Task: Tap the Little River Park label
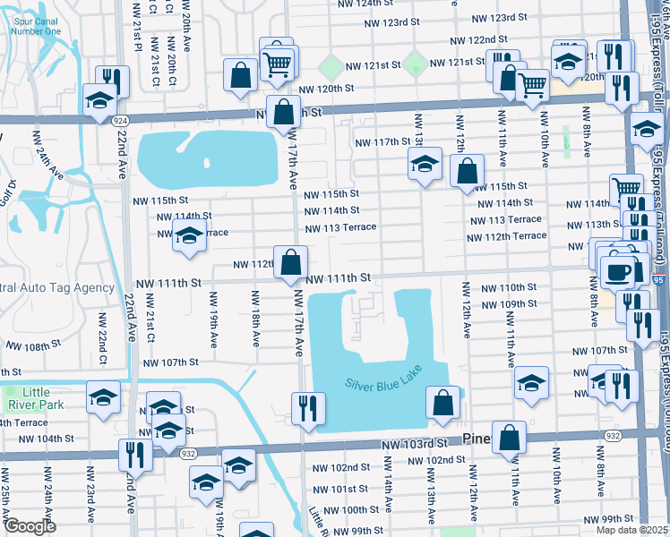[36, 398]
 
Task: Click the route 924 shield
[119, 119]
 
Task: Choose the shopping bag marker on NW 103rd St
[509, 439]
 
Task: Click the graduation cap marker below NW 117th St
[425, 164]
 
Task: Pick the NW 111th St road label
[339, 279]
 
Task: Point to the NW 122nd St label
[479, 41]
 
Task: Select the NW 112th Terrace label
[506, 236]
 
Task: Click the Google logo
[30, 526]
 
